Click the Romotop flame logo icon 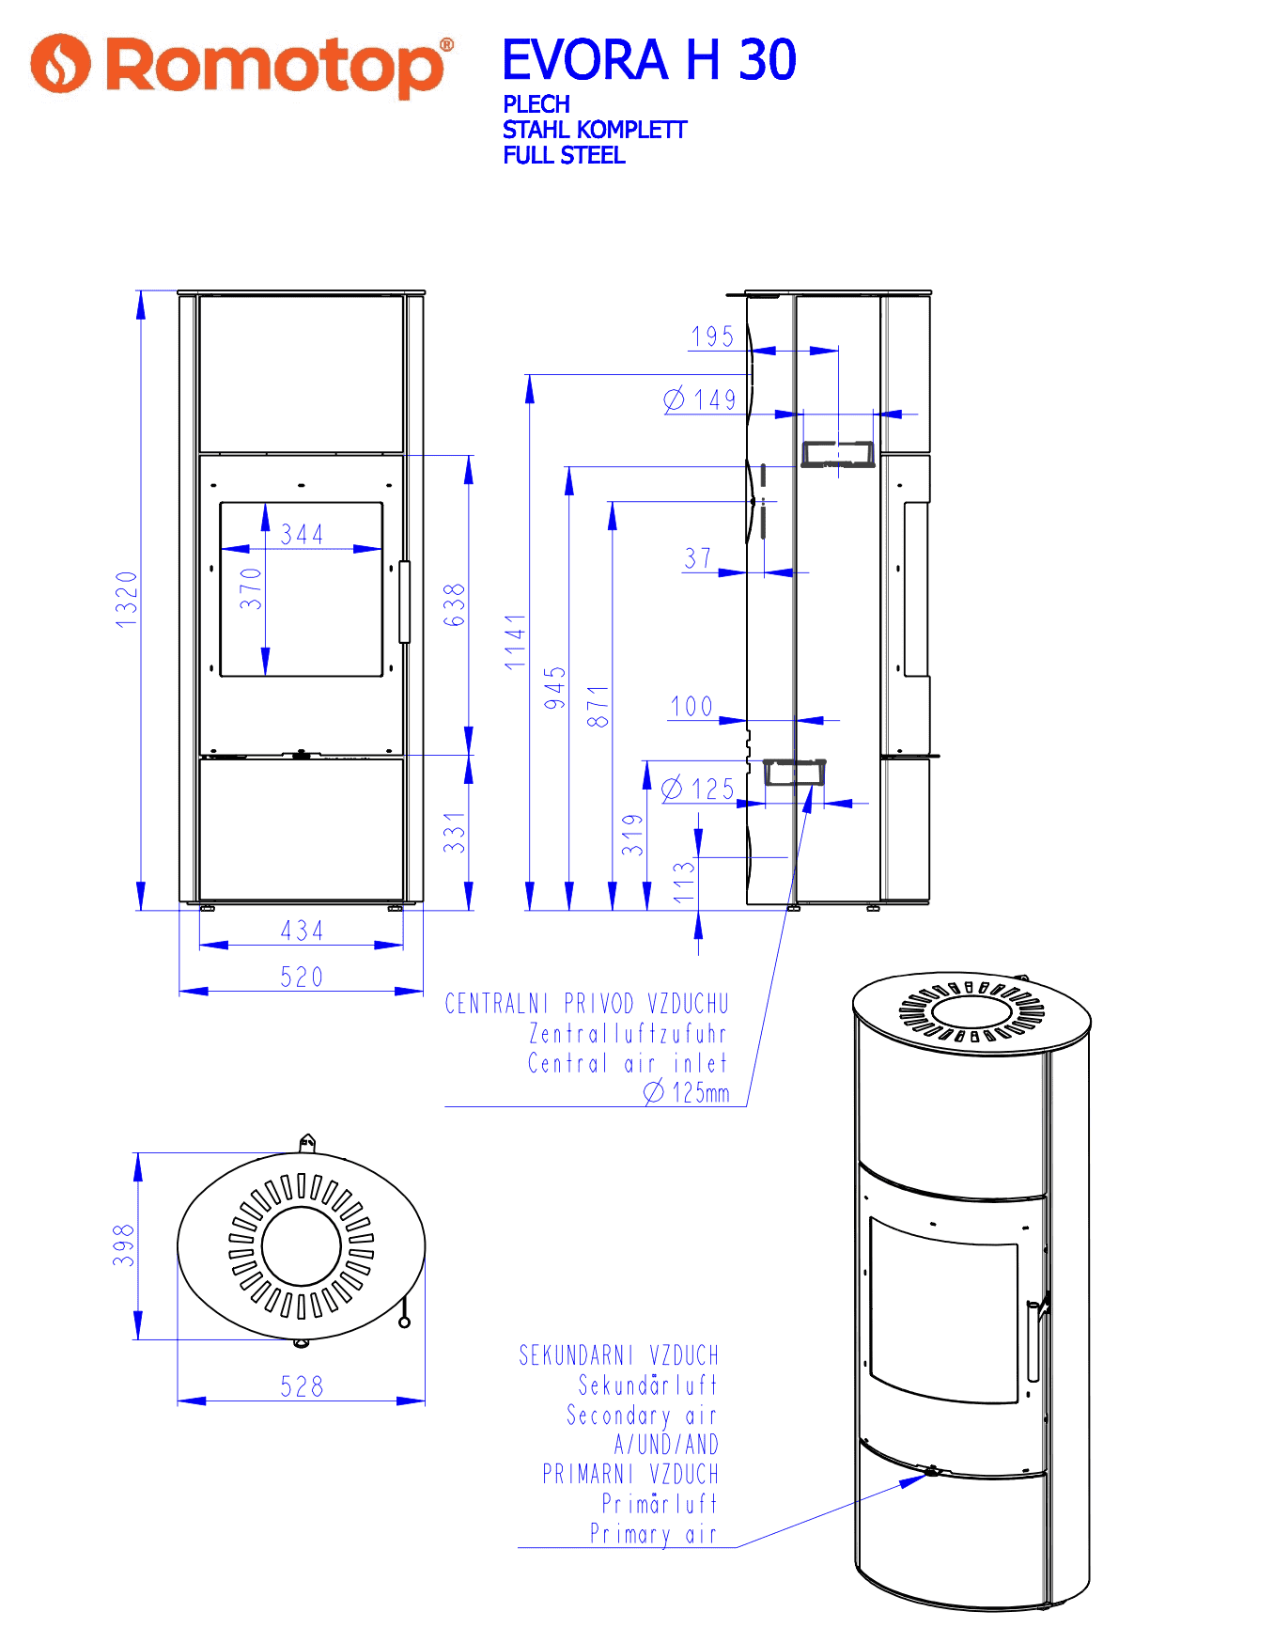point(60,64)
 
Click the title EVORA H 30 point(649,60)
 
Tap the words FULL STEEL point(564,155)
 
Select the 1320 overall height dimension point(127,599)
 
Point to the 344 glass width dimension point(303,535)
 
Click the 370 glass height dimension point(251,588)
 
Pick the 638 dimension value point(454,605)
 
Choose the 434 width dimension point(302,931)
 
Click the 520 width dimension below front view point(302,978)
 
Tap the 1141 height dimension point(516,642)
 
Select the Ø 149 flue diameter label point(700,399)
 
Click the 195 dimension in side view point(712,336)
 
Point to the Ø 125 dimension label point(698,789)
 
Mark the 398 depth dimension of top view point(124,1245)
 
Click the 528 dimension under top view point(302,1386)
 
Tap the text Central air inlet point(628,1063)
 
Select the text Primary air point(653,1534)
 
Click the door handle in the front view point(405,602)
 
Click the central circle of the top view point(302,1246)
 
